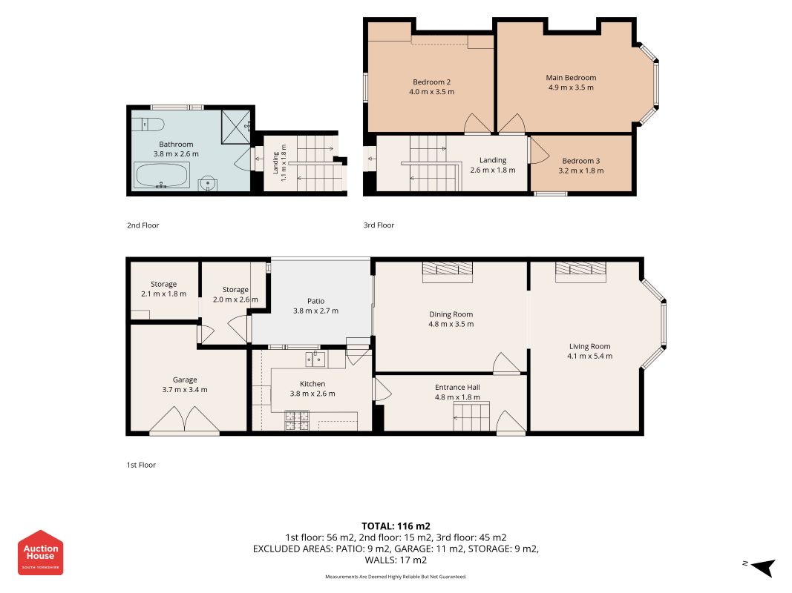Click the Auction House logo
tap(40, 553)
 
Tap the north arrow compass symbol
tap(763, 567)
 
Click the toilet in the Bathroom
tap(148, 124)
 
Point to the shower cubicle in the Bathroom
tap(235, 126)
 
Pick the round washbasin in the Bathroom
tap(208, 184)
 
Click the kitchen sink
tap(315, 360)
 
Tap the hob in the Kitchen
tap(297, 421)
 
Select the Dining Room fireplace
tap(448, 272)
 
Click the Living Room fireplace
tap(580, 272)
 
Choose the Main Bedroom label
tap(571, 78)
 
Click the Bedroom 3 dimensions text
tap(581, 170)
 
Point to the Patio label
tap(315, 301)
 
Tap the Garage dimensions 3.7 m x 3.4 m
tap(185, 390)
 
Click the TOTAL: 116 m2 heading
tap(396, 526)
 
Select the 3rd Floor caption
tap(379, 225)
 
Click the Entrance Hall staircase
tap(472, 417)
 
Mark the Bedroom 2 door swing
tap(477, 124)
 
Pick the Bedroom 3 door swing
tap(538, 150)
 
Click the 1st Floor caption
tap(142, 465)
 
